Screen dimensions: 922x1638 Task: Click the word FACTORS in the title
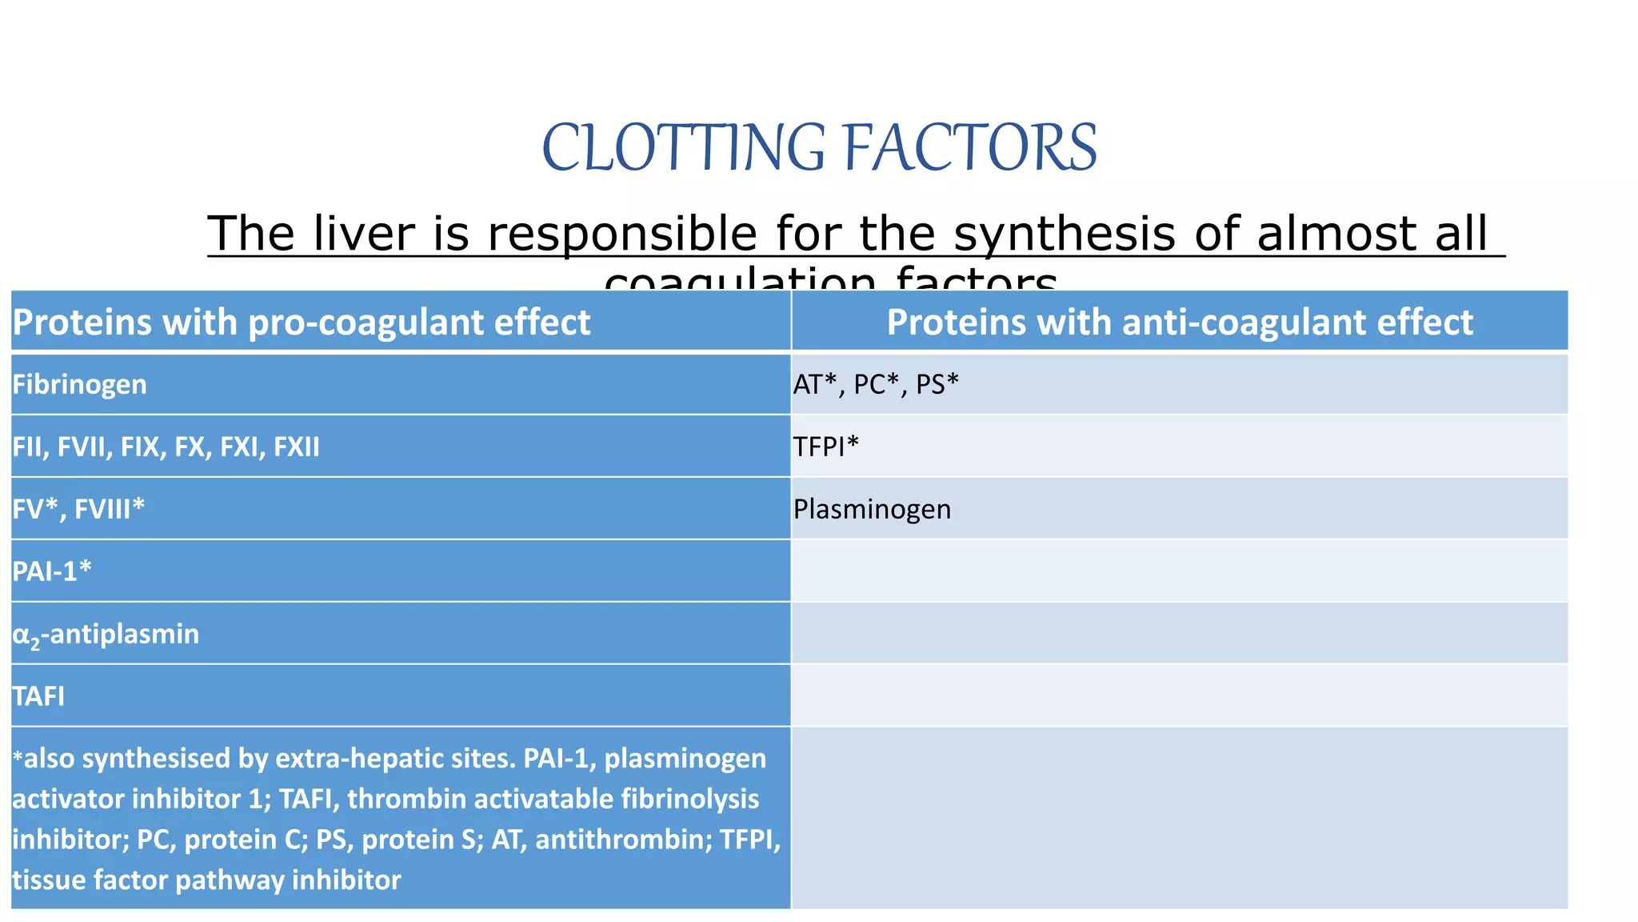coord(970,148)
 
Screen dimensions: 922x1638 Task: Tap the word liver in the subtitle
coord(364,234)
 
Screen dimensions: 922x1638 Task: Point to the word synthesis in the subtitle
coord(1065,234)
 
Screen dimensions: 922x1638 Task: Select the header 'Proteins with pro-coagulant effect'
coord(302,323)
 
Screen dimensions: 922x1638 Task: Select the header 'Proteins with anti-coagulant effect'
coord(1180,323)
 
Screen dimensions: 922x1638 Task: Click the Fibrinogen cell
coord(80,385)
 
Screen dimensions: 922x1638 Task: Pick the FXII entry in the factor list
coord(297,447)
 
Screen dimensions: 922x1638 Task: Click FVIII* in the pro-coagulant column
coord(110,509)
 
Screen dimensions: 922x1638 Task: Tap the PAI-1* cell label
coord(52,571)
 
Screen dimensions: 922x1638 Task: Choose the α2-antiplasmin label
coord(106,635)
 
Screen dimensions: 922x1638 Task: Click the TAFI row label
coord(38,696)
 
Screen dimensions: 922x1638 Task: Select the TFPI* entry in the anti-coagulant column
coord(825,447)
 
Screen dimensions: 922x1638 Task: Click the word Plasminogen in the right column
coord(872,510)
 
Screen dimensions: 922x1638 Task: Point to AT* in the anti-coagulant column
coord(814,385)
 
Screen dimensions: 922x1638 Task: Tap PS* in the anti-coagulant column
coord(937,385)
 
